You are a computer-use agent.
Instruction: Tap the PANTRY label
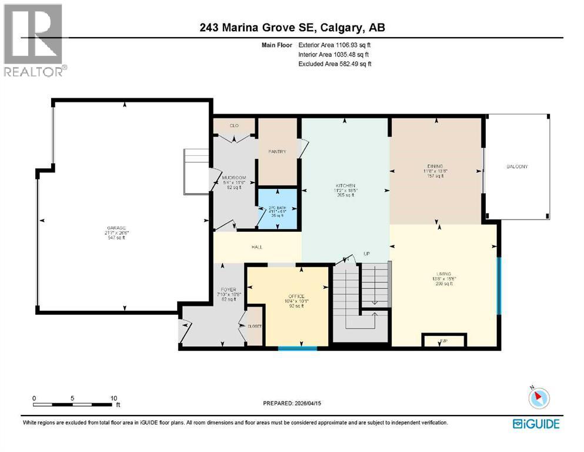277,152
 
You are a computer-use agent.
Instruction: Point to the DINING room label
436,166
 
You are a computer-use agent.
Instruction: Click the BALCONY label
517,167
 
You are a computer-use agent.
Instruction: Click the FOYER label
229,290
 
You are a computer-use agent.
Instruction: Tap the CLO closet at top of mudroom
233,126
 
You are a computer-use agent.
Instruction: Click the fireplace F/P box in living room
444,341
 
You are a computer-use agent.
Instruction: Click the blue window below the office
298,348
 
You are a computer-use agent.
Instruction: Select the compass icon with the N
538,399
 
